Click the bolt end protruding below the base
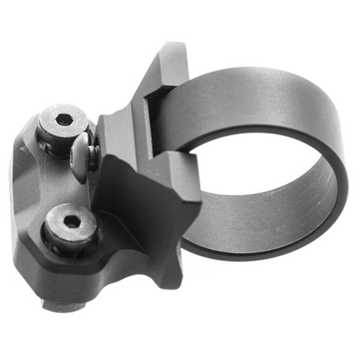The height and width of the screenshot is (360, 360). click(62, 306)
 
